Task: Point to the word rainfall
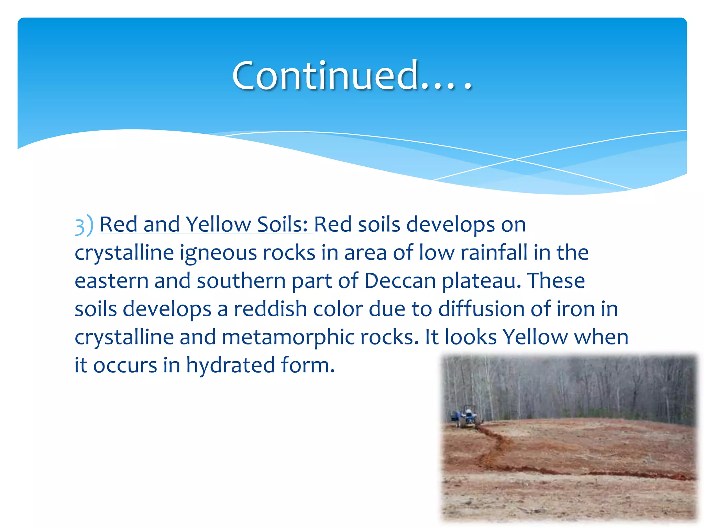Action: point(494,253)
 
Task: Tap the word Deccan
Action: point(400,281)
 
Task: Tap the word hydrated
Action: point(230,365)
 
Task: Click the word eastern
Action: point(111,281)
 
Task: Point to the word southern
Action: point(241,281)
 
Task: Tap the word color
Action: point(338,309)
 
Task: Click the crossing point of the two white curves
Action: point(515,159)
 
